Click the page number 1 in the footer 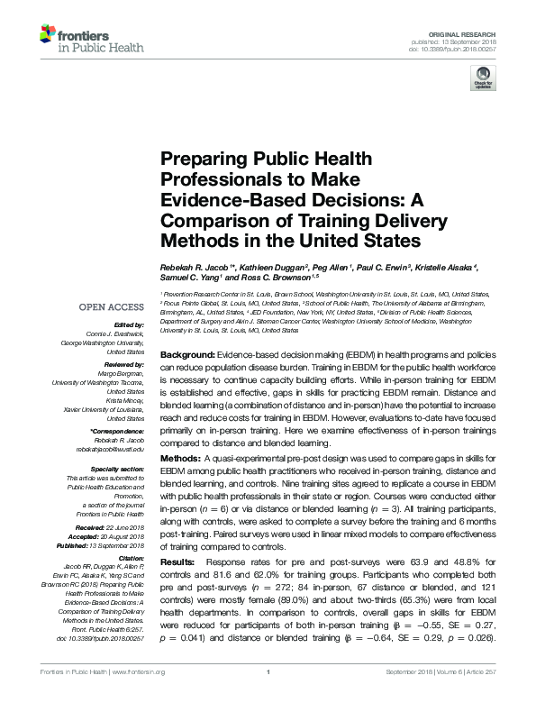coord(268,696)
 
